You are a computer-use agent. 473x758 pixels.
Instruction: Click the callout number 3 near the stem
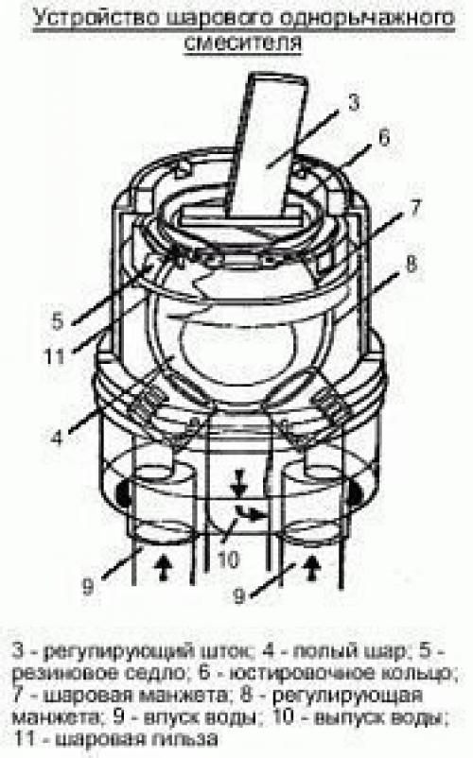355,102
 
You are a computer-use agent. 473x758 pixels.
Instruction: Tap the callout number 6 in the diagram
383,137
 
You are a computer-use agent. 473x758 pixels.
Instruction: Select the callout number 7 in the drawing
414,208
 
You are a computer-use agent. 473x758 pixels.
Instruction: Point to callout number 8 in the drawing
412,264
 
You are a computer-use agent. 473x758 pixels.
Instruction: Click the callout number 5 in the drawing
58,320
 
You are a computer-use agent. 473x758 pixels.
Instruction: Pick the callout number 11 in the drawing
54,356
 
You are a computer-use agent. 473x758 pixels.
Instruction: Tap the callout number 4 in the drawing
57,438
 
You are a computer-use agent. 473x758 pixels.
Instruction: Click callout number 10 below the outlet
228,560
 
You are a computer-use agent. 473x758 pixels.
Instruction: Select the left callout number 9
88,587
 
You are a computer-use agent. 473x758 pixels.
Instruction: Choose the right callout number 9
240,595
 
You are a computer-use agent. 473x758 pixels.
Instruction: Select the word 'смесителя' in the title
243,43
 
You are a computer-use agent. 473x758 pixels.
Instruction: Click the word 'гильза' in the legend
179,738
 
